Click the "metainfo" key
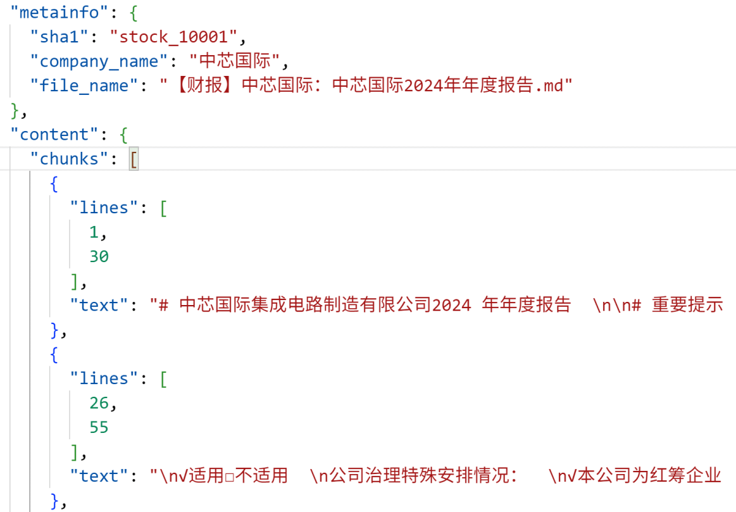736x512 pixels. click(x=59, y=12)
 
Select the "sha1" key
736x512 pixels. click(x=59, y=37)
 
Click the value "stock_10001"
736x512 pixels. click(x=173, y=37)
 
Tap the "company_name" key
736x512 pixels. click(x=99, y=61)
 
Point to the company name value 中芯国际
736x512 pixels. click(x=235, y=61)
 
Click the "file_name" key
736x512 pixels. click(x=84, y=86)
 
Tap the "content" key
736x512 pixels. click(x=54, y=135)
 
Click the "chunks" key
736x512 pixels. click(x=70, y=159)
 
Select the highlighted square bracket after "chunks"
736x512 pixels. click(x=134, y=159)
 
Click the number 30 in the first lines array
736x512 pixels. click(x=99, y=257)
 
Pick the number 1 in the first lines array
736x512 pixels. click(x=94, y=232)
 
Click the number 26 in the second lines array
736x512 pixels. click(x=99, y=403)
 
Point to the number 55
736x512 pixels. click(x=99, y=428)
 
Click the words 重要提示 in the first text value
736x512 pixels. click(x=687, y=305)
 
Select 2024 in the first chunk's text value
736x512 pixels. click(x=452, y=306)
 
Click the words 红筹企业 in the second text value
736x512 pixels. click(x=685, y=475)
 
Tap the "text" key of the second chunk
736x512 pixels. click(x=99, y=477)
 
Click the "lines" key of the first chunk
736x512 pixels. click(x=104, y=208)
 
